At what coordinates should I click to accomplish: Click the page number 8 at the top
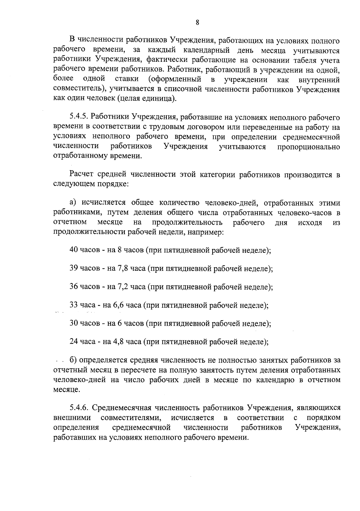tap(197, 22)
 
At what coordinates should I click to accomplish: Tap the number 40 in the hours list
tap(74, 250)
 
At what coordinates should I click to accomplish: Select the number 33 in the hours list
tap(74, 305)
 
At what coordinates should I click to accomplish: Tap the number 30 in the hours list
tap(74, 323)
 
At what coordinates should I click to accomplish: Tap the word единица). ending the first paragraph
tap(159, 98)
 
